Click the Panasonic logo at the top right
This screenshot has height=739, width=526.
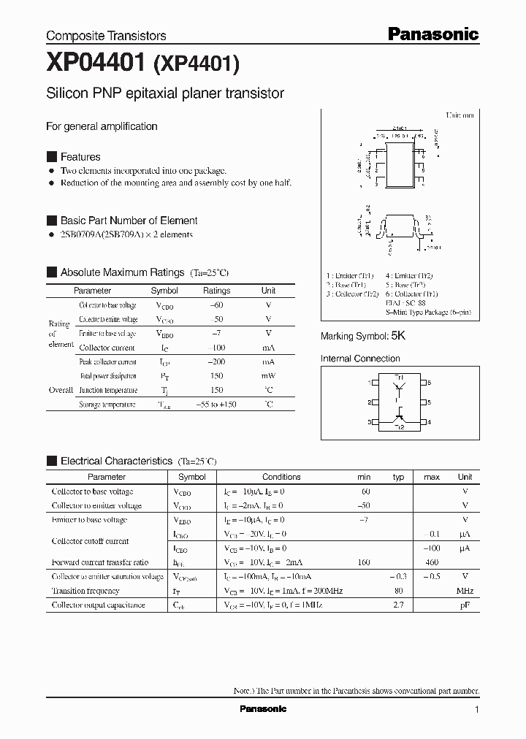(432, 34)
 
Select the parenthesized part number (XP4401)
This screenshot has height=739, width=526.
(196, 66)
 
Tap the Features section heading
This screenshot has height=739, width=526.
(80, 157)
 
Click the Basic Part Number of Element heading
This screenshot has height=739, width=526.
(129, 221)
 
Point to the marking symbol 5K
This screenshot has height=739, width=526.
(398, 336)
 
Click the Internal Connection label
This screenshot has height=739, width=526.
(360, 359)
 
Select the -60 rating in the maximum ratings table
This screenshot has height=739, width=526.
(216, 305)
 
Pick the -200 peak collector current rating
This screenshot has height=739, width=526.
(216, 361)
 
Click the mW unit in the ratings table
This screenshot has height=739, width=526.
(268, 376)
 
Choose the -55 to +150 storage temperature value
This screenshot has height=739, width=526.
(216, 405)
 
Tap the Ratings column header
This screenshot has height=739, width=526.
(216, 291)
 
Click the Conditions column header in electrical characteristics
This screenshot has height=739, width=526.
(281, 477)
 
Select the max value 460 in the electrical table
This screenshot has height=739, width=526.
(431, 562)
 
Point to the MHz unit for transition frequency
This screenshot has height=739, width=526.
(465, 591)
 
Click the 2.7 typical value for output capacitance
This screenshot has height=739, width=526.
(398, 605)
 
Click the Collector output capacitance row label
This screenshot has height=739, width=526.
(98, 605)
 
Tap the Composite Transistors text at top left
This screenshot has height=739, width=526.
(106, 36)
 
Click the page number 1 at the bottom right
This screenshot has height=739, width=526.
(477, 710)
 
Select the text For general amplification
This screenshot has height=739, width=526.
(102, 126)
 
